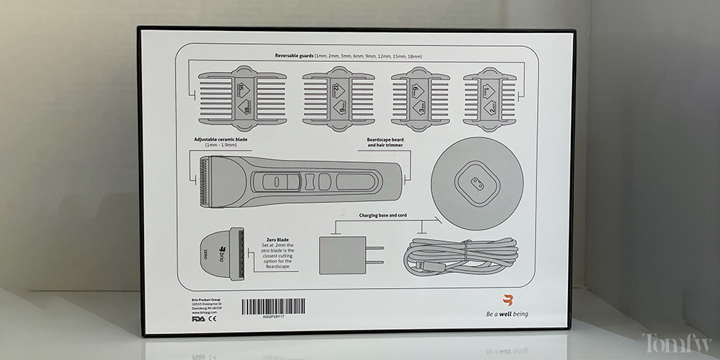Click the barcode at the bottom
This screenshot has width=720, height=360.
click(x=281, y=305)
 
